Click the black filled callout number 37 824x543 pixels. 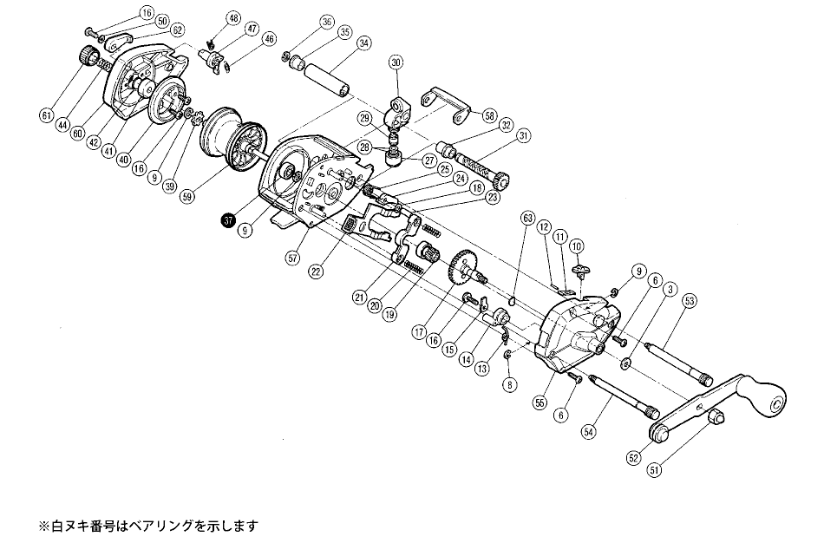pos(228,220)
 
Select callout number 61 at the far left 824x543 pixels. pos(46,113)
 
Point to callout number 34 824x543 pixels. pos(363,43)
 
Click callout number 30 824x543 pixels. pos(396,62)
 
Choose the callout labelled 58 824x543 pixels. pos(489,115)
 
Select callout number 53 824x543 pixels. pos(690,301)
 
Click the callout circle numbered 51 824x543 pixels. pos(653,471)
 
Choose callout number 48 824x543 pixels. pos(208,18)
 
